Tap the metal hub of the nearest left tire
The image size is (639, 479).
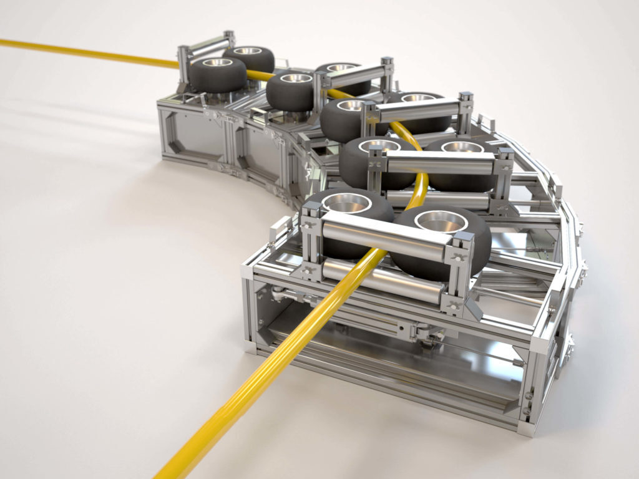[347, 203]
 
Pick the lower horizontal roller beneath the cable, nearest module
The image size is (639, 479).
[381, 278]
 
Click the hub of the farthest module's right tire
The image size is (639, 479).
[248, 51]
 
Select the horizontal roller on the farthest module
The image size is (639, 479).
[208, 46]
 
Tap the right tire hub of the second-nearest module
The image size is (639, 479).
[462, 147]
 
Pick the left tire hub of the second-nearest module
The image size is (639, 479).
[379, 145]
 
